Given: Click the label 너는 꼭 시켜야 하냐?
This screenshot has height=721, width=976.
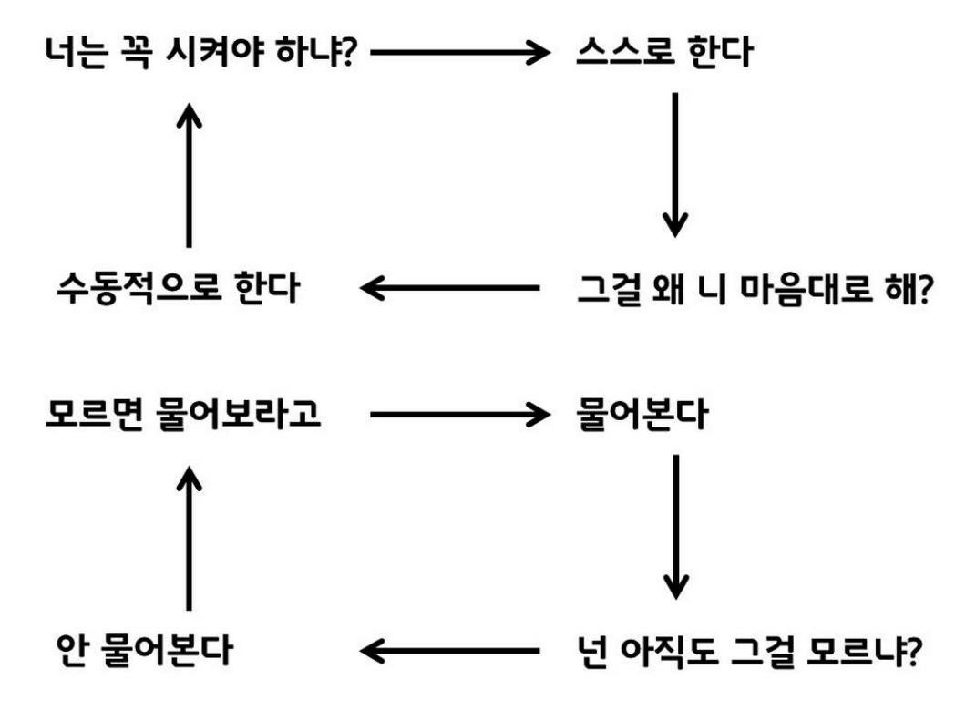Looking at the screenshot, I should pyautogui.click(x=200, y=52).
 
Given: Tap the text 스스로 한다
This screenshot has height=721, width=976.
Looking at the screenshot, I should pyautogui.click(x=664, y=52).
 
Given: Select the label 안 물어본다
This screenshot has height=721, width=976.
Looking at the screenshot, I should pyautogui.click(x=144, y=651).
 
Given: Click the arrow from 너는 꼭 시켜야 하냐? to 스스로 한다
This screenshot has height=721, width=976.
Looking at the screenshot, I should pyautogui.click(x=460, y=52).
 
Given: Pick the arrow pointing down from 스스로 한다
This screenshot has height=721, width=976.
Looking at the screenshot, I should pyautogui.click(x=674, y=164).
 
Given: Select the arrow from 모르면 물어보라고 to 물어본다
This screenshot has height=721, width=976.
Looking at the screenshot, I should pyautogui.click(x=460, y=415).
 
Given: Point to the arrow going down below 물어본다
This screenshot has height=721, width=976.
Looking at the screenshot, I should pyautogui.click(x=674, y=526).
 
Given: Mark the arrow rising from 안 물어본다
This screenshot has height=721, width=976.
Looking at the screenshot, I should pyautogui.click(x=189, y=538).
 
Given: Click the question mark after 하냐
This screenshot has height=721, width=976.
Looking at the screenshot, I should pyautogui.click(x=347, y=52).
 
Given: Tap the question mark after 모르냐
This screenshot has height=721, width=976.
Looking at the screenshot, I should pyautogui.click(x=916, y=651).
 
